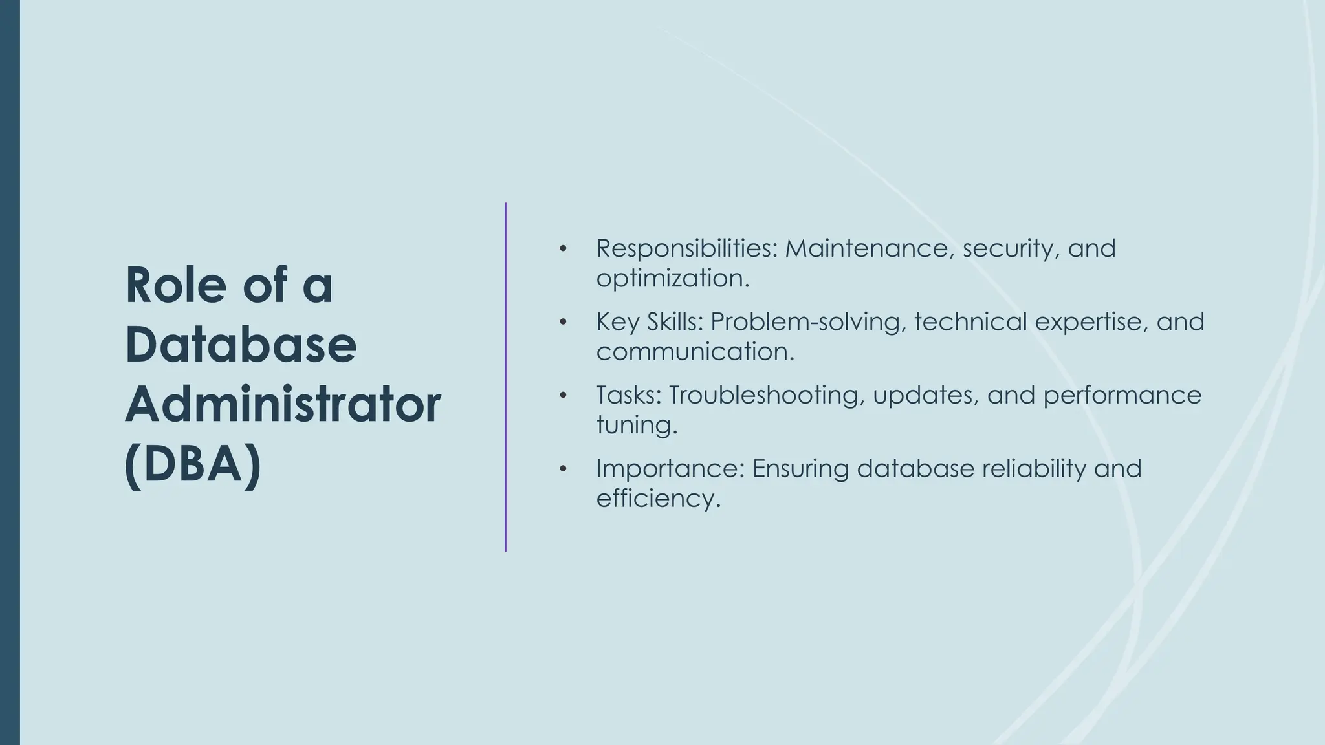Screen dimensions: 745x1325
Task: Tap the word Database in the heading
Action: pos(241,345)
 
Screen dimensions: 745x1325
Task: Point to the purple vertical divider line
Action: pos(506,377)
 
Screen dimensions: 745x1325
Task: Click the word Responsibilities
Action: pos(686,248)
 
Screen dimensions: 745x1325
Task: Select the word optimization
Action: pos(672,279)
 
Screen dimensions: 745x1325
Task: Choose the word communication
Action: pos(695,352)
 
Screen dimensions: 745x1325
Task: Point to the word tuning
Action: pos(636,426)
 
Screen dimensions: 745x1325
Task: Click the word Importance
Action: pos(670,468)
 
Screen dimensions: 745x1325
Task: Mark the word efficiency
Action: pos(657,499)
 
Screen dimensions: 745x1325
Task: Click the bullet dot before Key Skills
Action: pos(564,321)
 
